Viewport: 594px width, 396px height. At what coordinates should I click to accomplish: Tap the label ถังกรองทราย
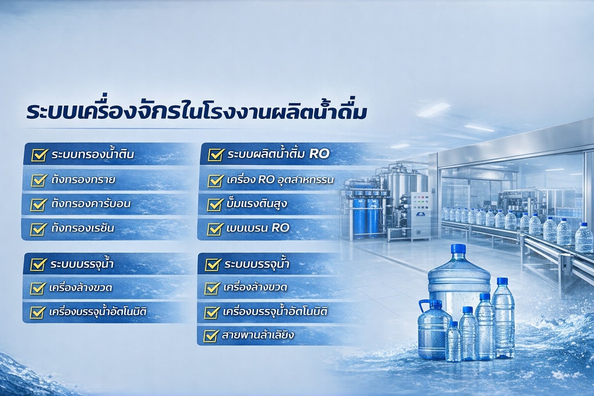83,180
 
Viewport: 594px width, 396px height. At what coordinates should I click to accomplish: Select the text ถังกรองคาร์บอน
91,204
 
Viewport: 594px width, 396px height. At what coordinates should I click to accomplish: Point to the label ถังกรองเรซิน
83,228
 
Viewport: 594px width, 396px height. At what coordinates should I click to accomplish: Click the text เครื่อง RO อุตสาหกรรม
280,180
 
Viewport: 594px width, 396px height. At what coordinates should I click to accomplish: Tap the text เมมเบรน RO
258,228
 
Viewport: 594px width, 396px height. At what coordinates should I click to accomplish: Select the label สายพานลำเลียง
258,335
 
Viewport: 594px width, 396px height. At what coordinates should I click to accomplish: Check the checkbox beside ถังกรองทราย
39,180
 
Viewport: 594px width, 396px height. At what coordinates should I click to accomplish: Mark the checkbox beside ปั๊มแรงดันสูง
215,204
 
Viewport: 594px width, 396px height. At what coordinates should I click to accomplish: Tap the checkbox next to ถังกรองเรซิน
38,229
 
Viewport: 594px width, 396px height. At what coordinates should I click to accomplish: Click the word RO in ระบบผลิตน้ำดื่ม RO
319,154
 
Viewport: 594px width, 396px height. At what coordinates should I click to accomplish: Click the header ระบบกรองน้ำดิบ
93,155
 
